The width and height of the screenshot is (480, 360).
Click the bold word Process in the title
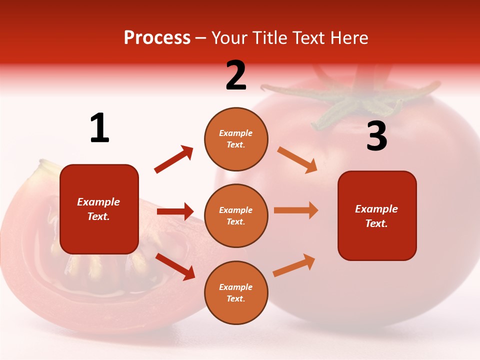(x=157, y=38)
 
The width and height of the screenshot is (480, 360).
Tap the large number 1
(x=99, y=128)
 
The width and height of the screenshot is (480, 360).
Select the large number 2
(x=236, y=75)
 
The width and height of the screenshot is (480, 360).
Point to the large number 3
(x=376, y=136)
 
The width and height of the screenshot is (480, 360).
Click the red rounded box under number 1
(x=99, y=209)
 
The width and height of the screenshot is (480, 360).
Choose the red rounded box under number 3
(x=377, y=215)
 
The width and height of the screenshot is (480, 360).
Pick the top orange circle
(x=236, y=139)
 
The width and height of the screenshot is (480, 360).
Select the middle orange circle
(x=236, y=215)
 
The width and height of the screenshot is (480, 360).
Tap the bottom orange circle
(x=236, y=292)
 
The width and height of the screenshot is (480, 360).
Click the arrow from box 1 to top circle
(x=173, y=159)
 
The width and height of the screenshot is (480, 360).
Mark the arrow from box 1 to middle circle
(x=175, y=211)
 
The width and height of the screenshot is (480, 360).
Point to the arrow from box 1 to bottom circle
(x=175, y=266)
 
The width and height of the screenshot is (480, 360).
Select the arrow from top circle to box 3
(x=297, y=159)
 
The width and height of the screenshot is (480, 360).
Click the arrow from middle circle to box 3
(x=296, y=210)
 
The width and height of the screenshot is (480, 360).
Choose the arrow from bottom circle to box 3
(x=294, y=265)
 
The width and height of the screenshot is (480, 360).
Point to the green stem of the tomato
(x=350, y=100)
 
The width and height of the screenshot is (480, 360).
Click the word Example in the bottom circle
(x=235, y=287)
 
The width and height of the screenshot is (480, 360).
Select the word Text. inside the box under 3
(x=376, y=223)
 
